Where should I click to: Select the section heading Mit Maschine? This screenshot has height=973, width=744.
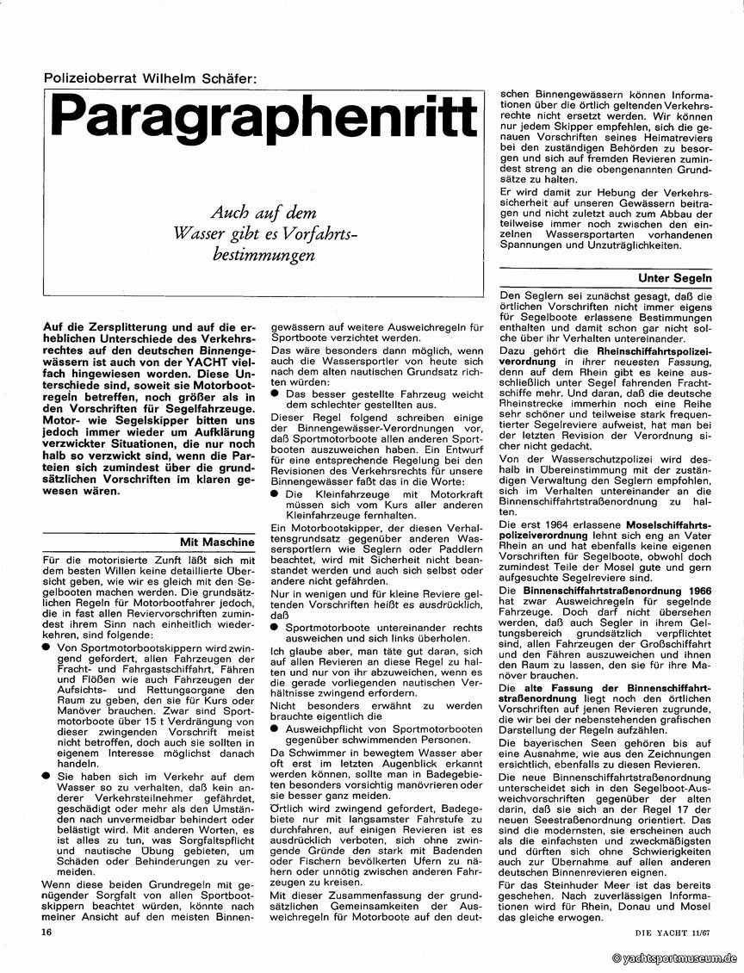click(x=217, y=542)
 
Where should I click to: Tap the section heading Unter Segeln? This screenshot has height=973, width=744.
click(x=674, y=279)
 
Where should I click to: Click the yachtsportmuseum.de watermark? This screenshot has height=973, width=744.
click(x=675, y=958)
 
